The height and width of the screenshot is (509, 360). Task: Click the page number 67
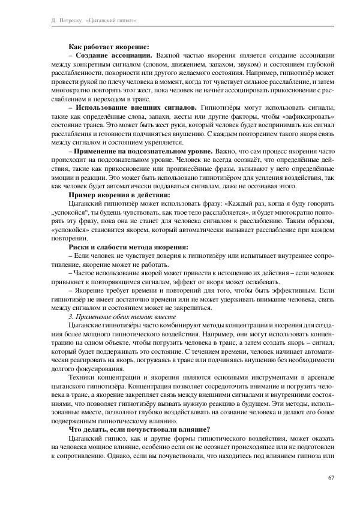(x=331, y=477)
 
